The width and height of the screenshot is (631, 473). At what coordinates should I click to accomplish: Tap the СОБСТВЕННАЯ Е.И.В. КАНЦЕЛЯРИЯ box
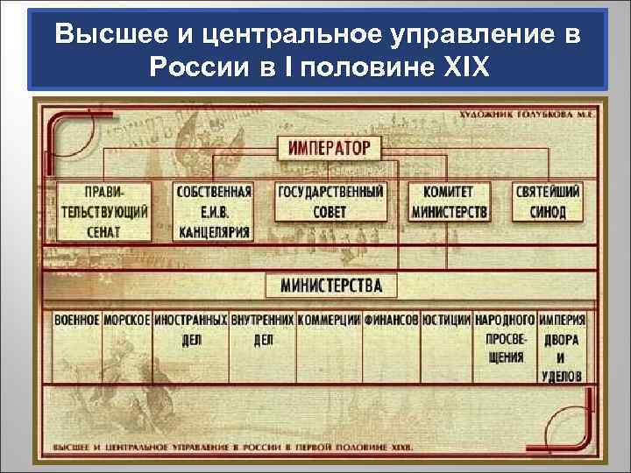(x=214, y=212)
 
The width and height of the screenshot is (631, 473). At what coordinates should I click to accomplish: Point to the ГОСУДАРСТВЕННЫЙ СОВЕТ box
(x=330, y=202)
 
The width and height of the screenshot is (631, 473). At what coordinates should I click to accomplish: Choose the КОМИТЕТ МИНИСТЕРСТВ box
(x=449, y=202)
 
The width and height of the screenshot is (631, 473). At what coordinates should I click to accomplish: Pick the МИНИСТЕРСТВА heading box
(x=330, y=286)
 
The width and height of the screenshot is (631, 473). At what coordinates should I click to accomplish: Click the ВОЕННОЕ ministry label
(x=76, y=321)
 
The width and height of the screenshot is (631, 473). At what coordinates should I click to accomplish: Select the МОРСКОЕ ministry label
(x=127, y=321)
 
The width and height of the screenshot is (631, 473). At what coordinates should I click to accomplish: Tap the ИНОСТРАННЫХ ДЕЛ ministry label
(x=191, y=329)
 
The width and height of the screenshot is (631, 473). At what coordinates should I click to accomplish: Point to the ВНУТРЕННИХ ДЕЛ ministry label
(x=263, y=329)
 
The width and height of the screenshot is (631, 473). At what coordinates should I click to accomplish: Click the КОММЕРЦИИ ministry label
(x=329, y=321)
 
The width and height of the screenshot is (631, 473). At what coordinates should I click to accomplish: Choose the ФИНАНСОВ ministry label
(x=391, y=321)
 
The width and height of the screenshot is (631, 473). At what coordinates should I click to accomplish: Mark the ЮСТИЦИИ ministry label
(x=446, y=321)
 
